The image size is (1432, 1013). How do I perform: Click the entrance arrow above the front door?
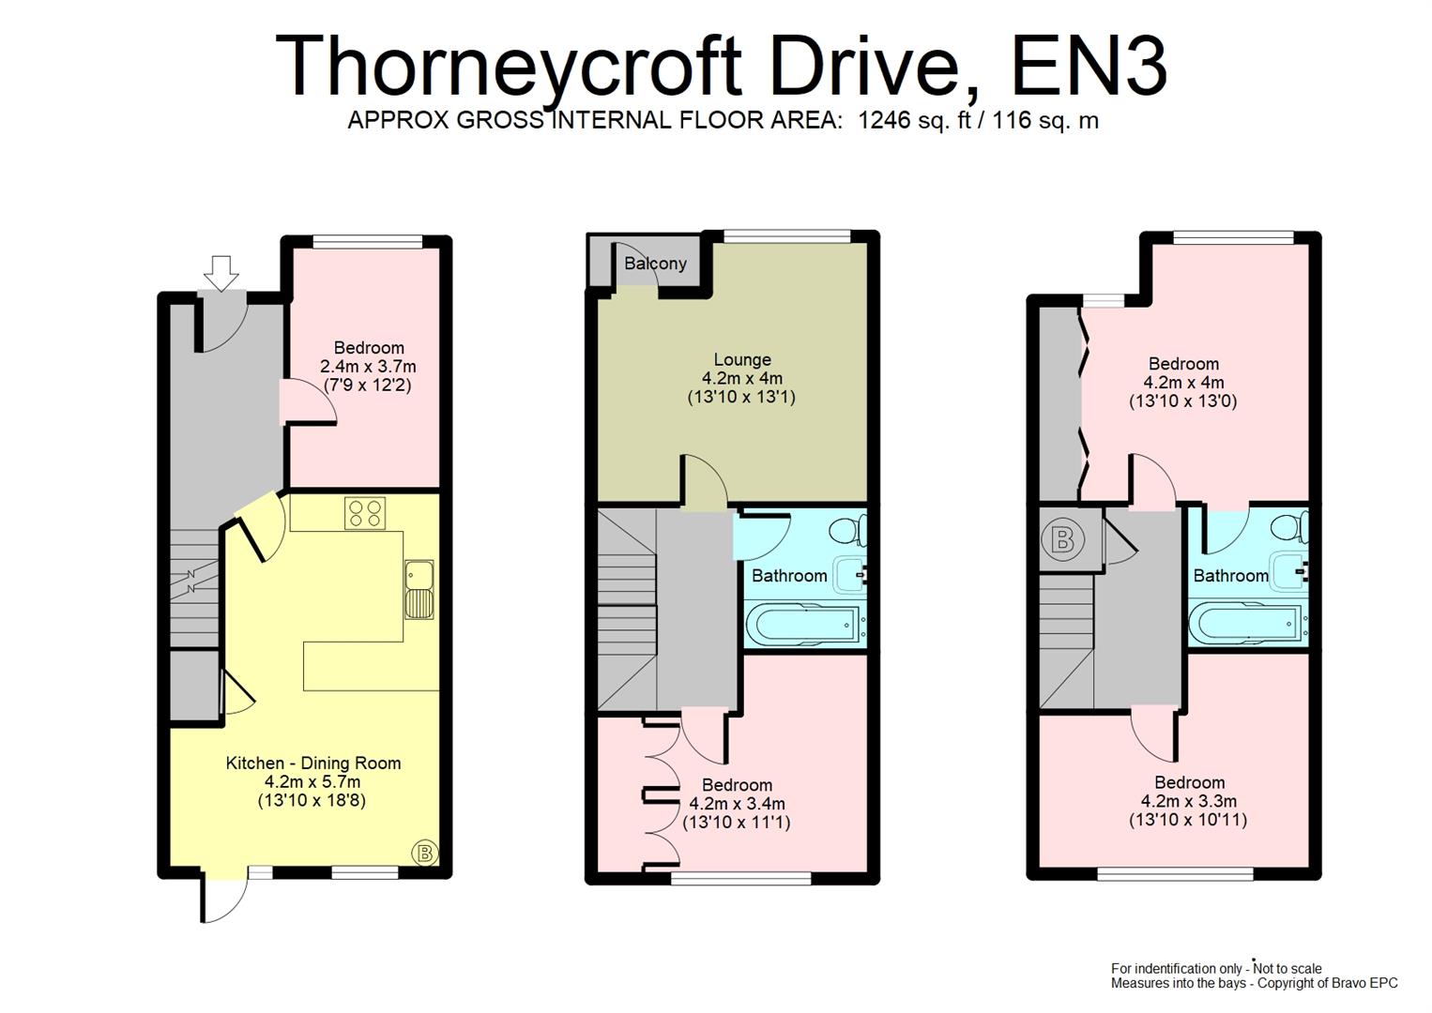point(221,272)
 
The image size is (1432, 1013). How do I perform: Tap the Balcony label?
point(655,264)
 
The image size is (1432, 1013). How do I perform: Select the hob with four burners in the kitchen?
point(365,513)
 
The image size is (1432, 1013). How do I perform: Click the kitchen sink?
point(419,589)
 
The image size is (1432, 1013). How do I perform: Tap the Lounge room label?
point(742,359)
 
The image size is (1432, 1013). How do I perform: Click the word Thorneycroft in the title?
point(507,66)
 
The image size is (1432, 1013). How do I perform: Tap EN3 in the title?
point(1089,66)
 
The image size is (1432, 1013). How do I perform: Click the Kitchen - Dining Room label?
point(313,764)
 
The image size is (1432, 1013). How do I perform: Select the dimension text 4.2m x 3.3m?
point(1188,801)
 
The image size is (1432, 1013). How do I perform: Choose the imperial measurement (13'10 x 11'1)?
point(737,823)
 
